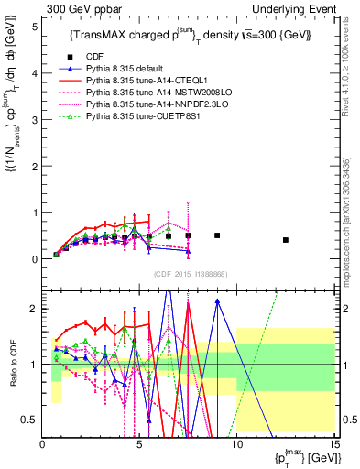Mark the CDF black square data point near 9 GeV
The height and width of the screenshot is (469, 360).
click(217, 235)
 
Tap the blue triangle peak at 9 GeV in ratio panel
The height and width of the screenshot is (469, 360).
click(217, 300)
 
